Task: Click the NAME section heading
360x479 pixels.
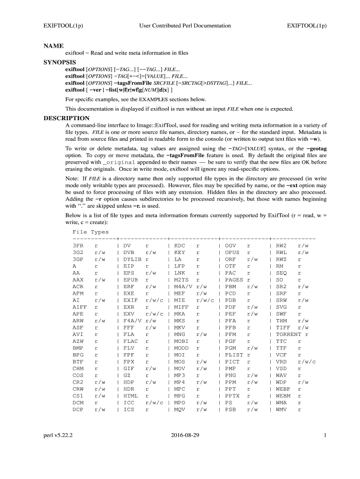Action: [x=53, y=46]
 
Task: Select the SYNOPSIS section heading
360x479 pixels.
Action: [x=60, y=62]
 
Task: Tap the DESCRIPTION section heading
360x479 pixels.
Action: [x=66, y=118]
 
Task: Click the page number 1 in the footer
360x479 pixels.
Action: [x=324, y=435]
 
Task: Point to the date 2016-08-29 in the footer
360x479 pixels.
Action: [x=185, y=435]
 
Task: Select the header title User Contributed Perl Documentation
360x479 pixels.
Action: [x=185, y=26]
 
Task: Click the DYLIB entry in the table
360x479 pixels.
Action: [x=132, y=259]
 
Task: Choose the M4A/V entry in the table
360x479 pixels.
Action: [x=183, y=286]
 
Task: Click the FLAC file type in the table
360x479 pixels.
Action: [x=130, y=341]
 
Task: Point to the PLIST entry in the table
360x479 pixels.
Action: [x=234, y=355]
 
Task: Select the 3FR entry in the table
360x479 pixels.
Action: [x=78, y=246]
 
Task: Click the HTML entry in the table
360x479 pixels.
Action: [x=130, y=396]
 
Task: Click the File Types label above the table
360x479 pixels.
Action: [x=91, y=232]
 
